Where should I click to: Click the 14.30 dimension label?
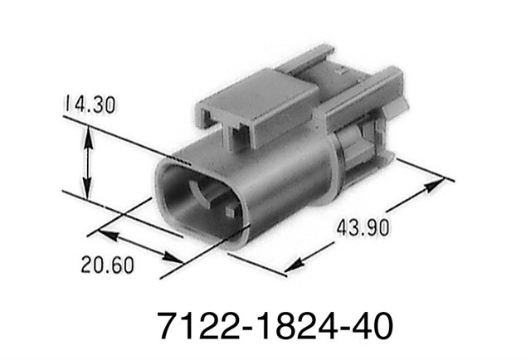[x=90, y=104]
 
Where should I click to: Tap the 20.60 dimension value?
[x=107, y=265]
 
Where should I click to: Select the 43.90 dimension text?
[x=363, y=227]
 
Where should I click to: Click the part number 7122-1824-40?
[x=275, y=325]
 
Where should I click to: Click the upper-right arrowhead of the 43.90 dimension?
[x=435, y=185]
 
